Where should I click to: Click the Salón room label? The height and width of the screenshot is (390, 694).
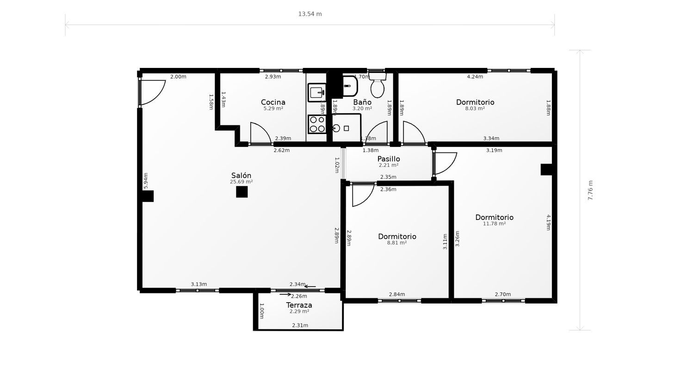coord(241,176)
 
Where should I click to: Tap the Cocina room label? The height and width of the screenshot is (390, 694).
coord(273,102)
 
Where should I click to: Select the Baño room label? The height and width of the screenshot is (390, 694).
coord(362,102)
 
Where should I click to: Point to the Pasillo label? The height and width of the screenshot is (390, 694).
coord(389,159)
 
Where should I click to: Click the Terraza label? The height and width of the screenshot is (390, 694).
coord(299,305)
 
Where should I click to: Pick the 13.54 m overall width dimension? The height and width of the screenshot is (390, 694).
coord(310,14)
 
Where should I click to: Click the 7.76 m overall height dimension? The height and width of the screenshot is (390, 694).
coord(590,190)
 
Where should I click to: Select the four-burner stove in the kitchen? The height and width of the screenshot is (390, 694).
coord(317,124)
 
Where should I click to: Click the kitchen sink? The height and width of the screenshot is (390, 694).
coord(316,92)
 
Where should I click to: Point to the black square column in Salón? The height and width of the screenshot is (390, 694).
coord(242,192)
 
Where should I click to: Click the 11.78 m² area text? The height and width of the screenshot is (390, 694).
coord(494,224)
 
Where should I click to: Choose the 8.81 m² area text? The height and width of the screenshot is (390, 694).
coord(397,243)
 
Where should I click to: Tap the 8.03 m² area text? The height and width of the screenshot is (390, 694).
coord(475,109)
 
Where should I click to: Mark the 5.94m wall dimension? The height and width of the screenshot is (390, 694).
coord(146,181)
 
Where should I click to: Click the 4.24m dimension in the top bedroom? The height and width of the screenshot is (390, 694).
coord(475,77)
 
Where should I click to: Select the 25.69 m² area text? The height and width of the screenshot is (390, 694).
coord(241,182)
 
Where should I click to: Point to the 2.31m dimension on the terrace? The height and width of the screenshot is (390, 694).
coord(300,325)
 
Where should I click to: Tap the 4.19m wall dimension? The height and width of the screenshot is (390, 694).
coord(548,223)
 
